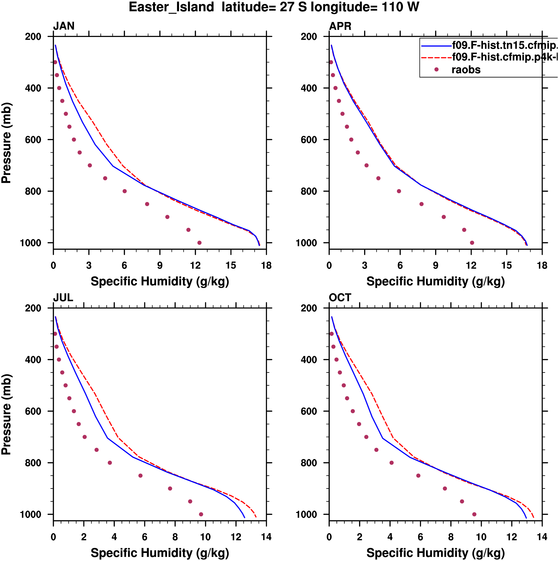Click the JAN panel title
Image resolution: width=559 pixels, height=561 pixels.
(x=64, y=26)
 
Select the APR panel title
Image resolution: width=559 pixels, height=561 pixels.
(x=340, y=26)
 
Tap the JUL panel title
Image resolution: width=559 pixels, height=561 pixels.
(x=63, y=298)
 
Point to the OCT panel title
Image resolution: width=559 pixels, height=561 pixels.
(x=340, y=298)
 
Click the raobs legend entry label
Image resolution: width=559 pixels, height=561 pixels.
(x=466, y=70)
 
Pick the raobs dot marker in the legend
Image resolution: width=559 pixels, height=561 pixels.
(x=436, y=69)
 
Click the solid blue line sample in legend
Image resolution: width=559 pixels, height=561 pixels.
(x=436, y=46)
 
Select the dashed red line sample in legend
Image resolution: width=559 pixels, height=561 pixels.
(x=436, y=58)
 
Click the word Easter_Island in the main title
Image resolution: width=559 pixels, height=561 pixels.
(x=171, y=7)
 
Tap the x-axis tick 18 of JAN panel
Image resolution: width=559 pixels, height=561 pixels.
(x=266, y=265)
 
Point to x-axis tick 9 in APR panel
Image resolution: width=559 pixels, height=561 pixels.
(x=435, y=265)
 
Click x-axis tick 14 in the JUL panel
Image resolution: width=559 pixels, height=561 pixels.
(x=266, y=537)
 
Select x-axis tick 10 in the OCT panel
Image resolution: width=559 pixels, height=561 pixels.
(x=481, y=537)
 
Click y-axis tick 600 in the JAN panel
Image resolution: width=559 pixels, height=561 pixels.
(x=33, y=140)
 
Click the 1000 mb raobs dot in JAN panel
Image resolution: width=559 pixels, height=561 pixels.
(x=199, y=243)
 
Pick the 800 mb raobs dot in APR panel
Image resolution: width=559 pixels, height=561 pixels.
(x=399, y=191)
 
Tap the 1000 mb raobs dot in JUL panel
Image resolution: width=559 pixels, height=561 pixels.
(x=201, y=514)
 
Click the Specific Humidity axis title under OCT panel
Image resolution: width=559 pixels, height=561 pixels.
(x=435, y=553)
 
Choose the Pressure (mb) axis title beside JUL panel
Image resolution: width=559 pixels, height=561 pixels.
(x=6, y=414)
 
